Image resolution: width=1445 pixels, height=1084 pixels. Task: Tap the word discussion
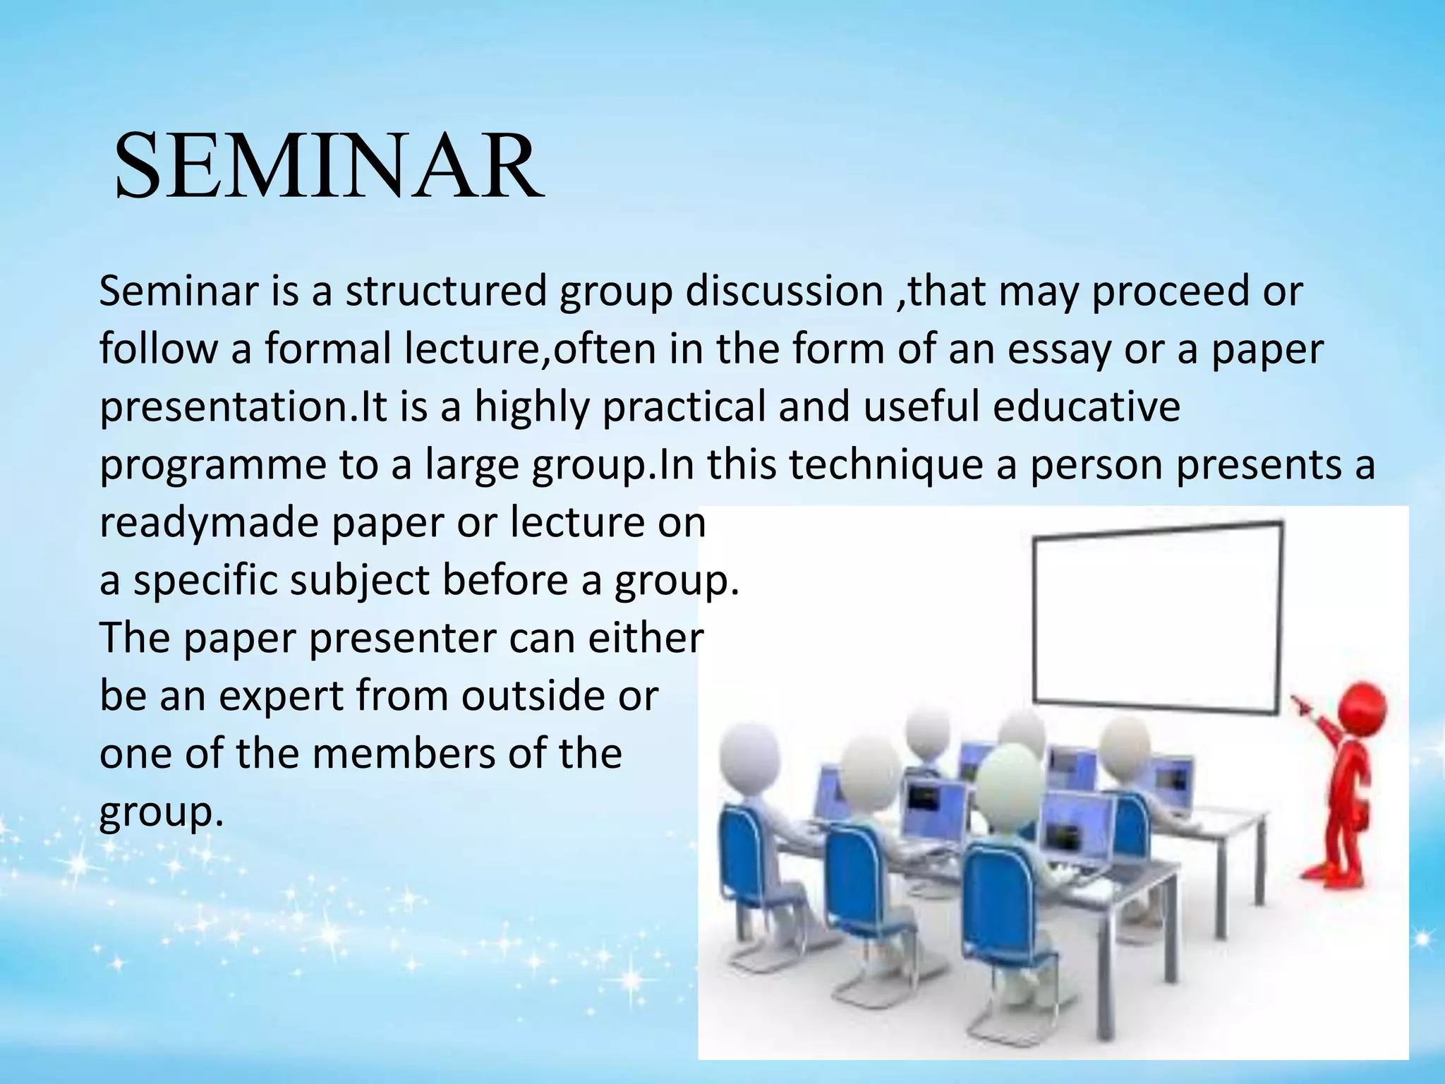pyautogui.click(x=784, y=291)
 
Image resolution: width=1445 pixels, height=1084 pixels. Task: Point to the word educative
pyautogui.click(x=1086, y=407)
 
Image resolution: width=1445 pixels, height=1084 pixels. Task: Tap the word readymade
pyautogui.click(x=209, y=524)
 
